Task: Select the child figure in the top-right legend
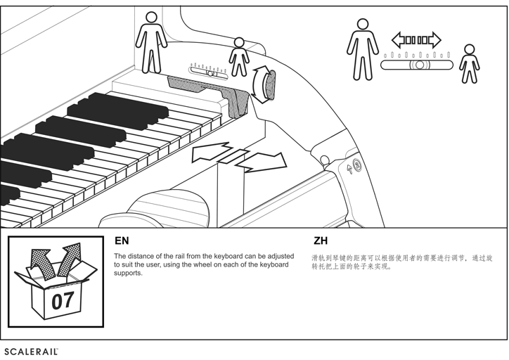click(x=469, y=64)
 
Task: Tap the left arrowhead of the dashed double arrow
click(x=398, y=39)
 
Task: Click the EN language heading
click(x=122, y=241)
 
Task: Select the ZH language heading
click(x=321, y=241)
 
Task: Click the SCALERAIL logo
click(x=30, y=350)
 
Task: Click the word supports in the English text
click(x=128, y=273)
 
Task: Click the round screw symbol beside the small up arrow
click(x=357, y=167)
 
